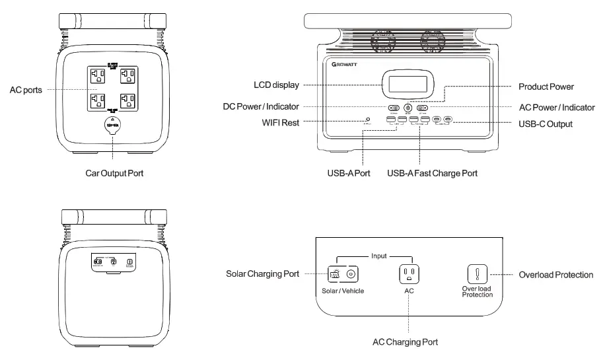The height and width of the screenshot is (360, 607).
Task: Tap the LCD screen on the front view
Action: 406,84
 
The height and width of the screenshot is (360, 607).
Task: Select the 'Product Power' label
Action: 546,87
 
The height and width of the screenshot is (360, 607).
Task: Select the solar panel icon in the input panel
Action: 335,273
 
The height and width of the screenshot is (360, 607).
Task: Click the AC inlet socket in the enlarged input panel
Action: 409,273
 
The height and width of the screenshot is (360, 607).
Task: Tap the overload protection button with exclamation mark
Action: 478,273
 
